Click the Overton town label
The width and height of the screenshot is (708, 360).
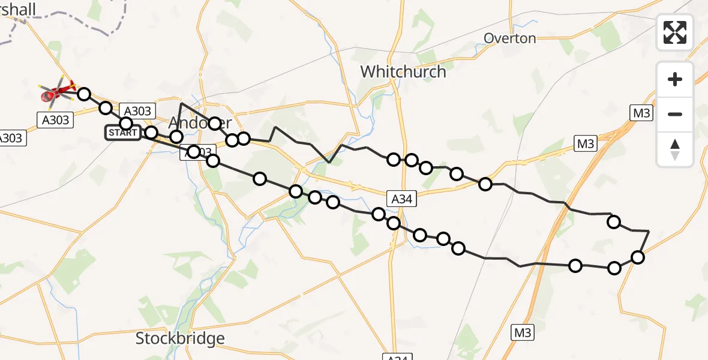pyautogui.click(x=510, y=38)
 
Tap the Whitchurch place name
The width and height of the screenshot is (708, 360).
pyautogui.click(x=403, y=72)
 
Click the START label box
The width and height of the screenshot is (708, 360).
pyautogui.click(x=123, y=133)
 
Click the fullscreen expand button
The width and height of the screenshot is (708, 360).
pyautogui.click(x=675, y=32)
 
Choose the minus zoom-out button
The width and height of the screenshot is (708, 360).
pyautogui.click(x=675, y=114)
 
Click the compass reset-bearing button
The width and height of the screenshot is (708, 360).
pyautogui.click(x=675, y=149)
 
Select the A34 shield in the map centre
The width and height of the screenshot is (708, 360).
pyautogui.click(x=401, y=199)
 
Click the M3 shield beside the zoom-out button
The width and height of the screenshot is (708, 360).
pyautogui.click(x=641, y=113)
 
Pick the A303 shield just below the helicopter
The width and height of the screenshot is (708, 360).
pyautogui.click(x=56, y=120)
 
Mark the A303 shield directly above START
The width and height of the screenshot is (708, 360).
pyautogui.click(x=138, y=110)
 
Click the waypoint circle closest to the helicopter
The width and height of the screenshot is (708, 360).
pyautogui.click(x=84, y=94)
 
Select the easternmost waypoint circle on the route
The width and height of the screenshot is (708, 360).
pyautogui.click(x=638, y=257)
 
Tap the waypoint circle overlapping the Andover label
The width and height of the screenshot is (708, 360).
pyautogui.click(x=214, y=124)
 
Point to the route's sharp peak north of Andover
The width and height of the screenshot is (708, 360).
pyautogui.click(x=181, y=103)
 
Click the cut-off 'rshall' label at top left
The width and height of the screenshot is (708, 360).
pyautogui.click(x=18, y=9)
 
